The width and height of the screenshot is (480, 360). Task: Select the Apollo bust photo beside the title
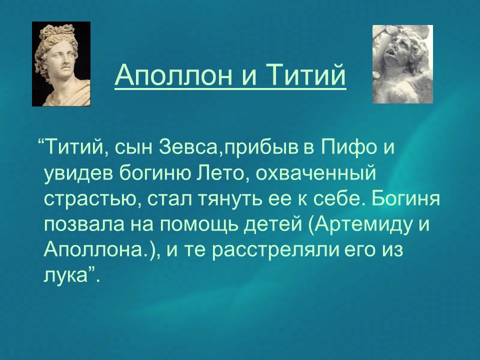pos(61,64)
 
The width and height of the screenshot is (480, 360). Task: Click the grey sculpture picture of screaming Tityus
pos(402,64)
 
